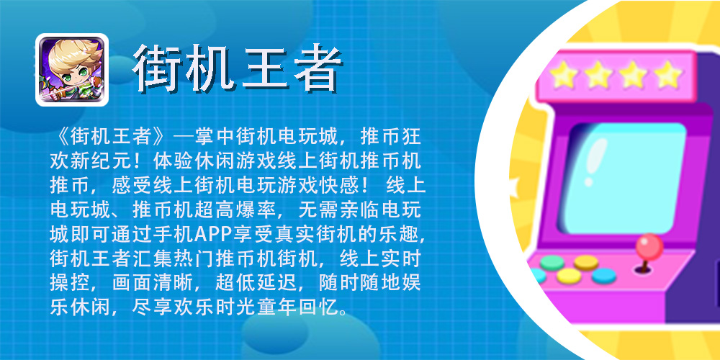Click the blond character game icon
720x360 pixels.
coord(72,70)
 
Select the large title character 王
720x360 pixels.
coord(263,68)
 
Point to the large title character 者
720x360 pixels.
coord(317,68)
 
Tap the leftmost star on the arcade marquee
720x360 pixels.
coord(563,74)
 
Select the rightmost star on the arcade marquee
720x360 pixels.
coord(668,73)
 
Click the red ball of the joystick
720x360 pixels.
coord(649,247)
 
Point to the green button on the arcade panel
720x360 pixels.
coord(552,263)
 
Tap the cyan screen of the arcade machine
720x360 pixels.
coord(624,178)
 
